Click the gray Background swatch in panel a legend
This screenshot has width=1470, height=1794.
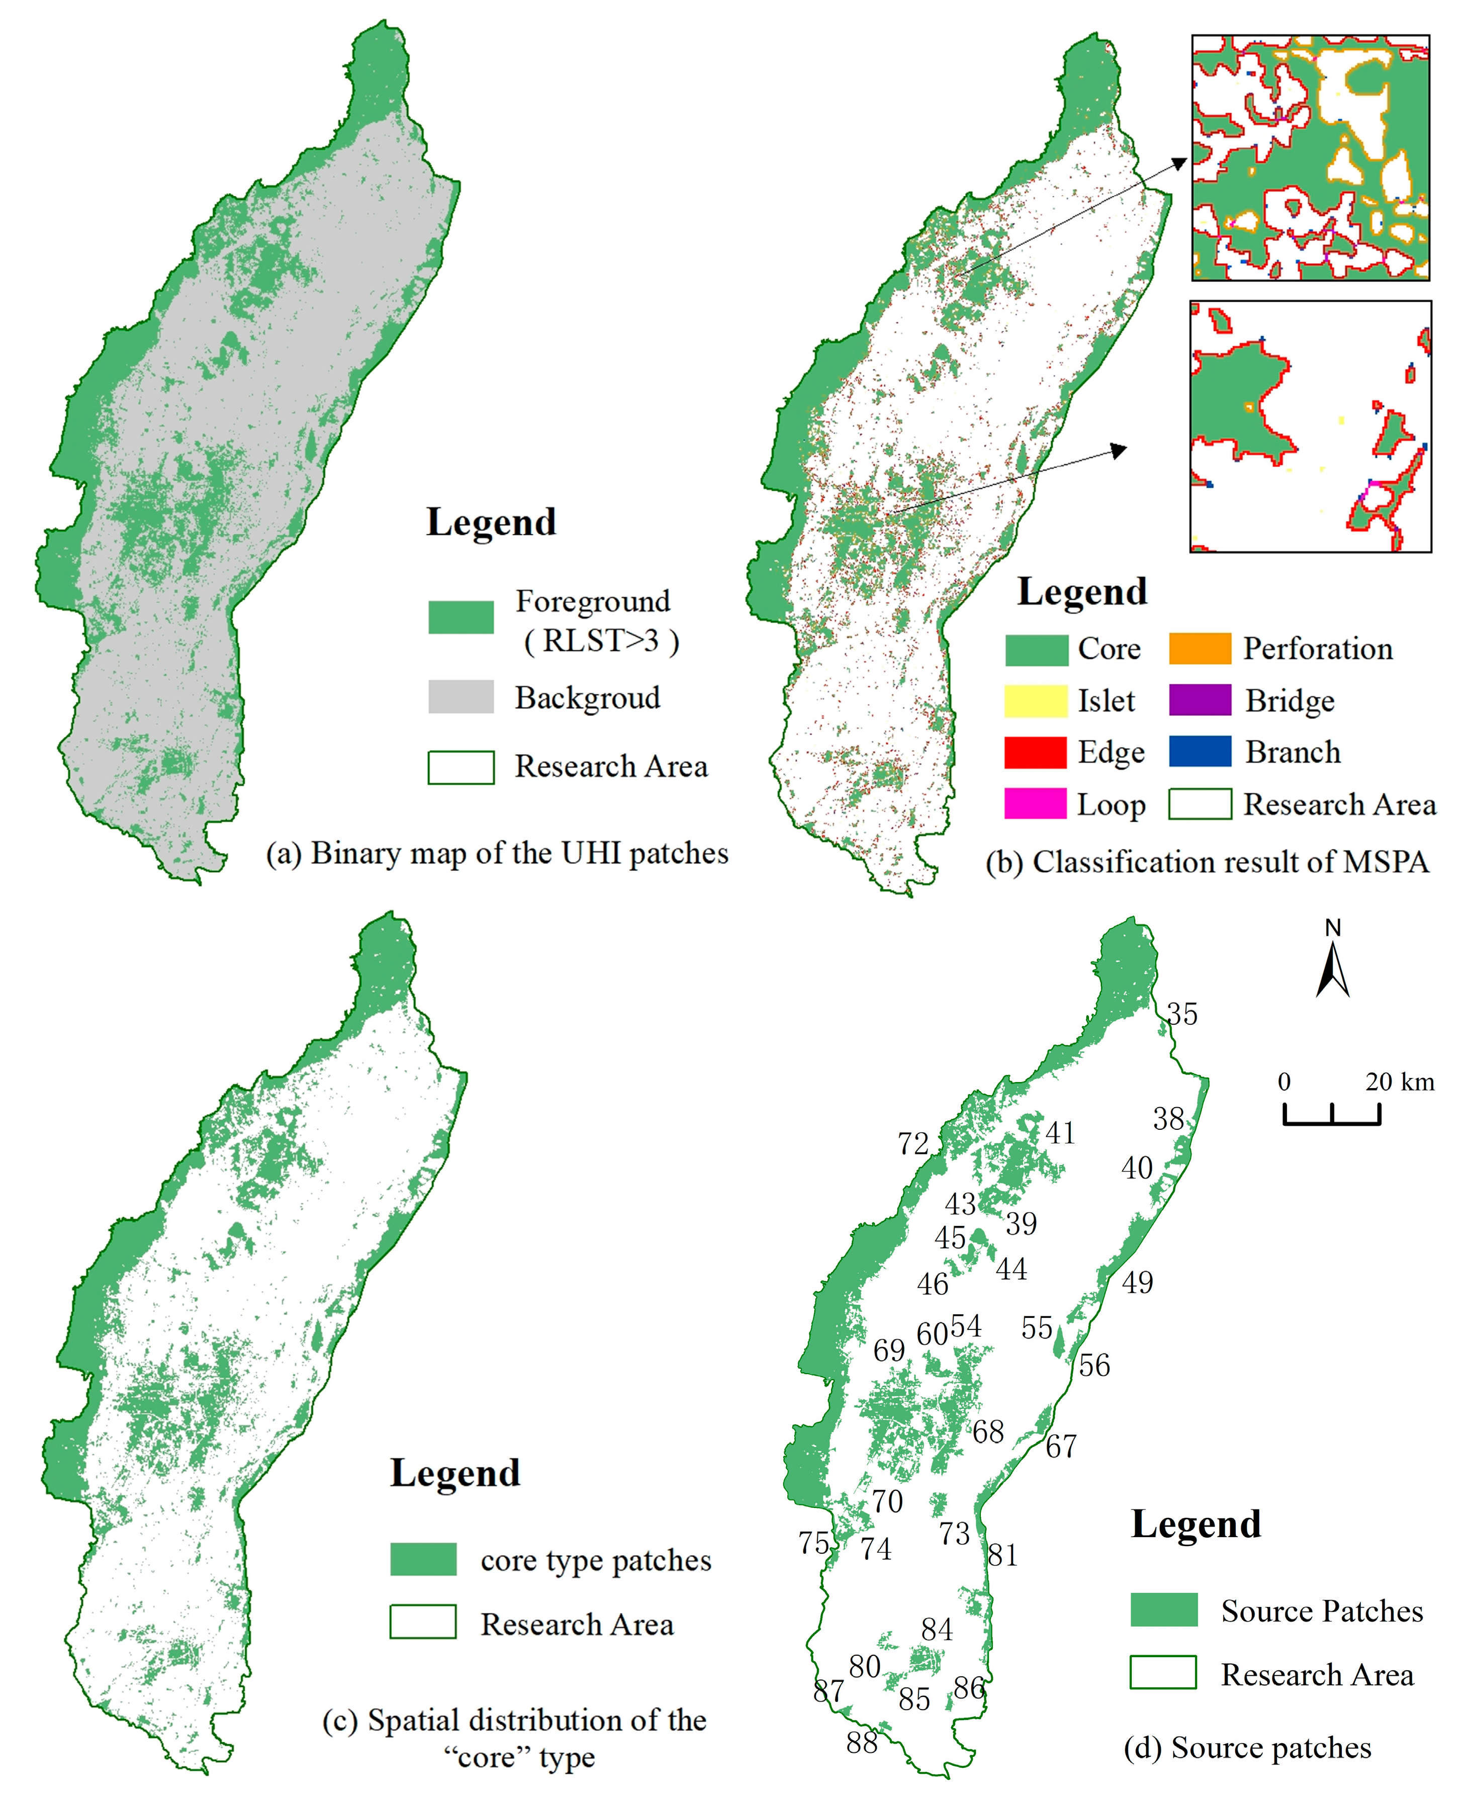click(461, 697)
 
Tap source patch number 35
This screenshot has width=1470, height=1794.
click(1182, 1015)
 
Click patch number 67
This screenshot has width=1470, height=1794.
click(1061, 1447)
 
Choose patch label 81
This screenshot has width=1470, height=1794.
click(1002, 1555)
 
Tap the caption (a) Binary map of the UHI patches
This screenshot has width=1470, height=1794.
click(497, 853)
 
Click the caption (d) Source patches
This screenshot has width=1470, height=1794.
click(1247, 1747)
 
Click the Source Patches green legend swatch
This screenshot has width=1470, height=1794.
click(1163, 1609)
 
